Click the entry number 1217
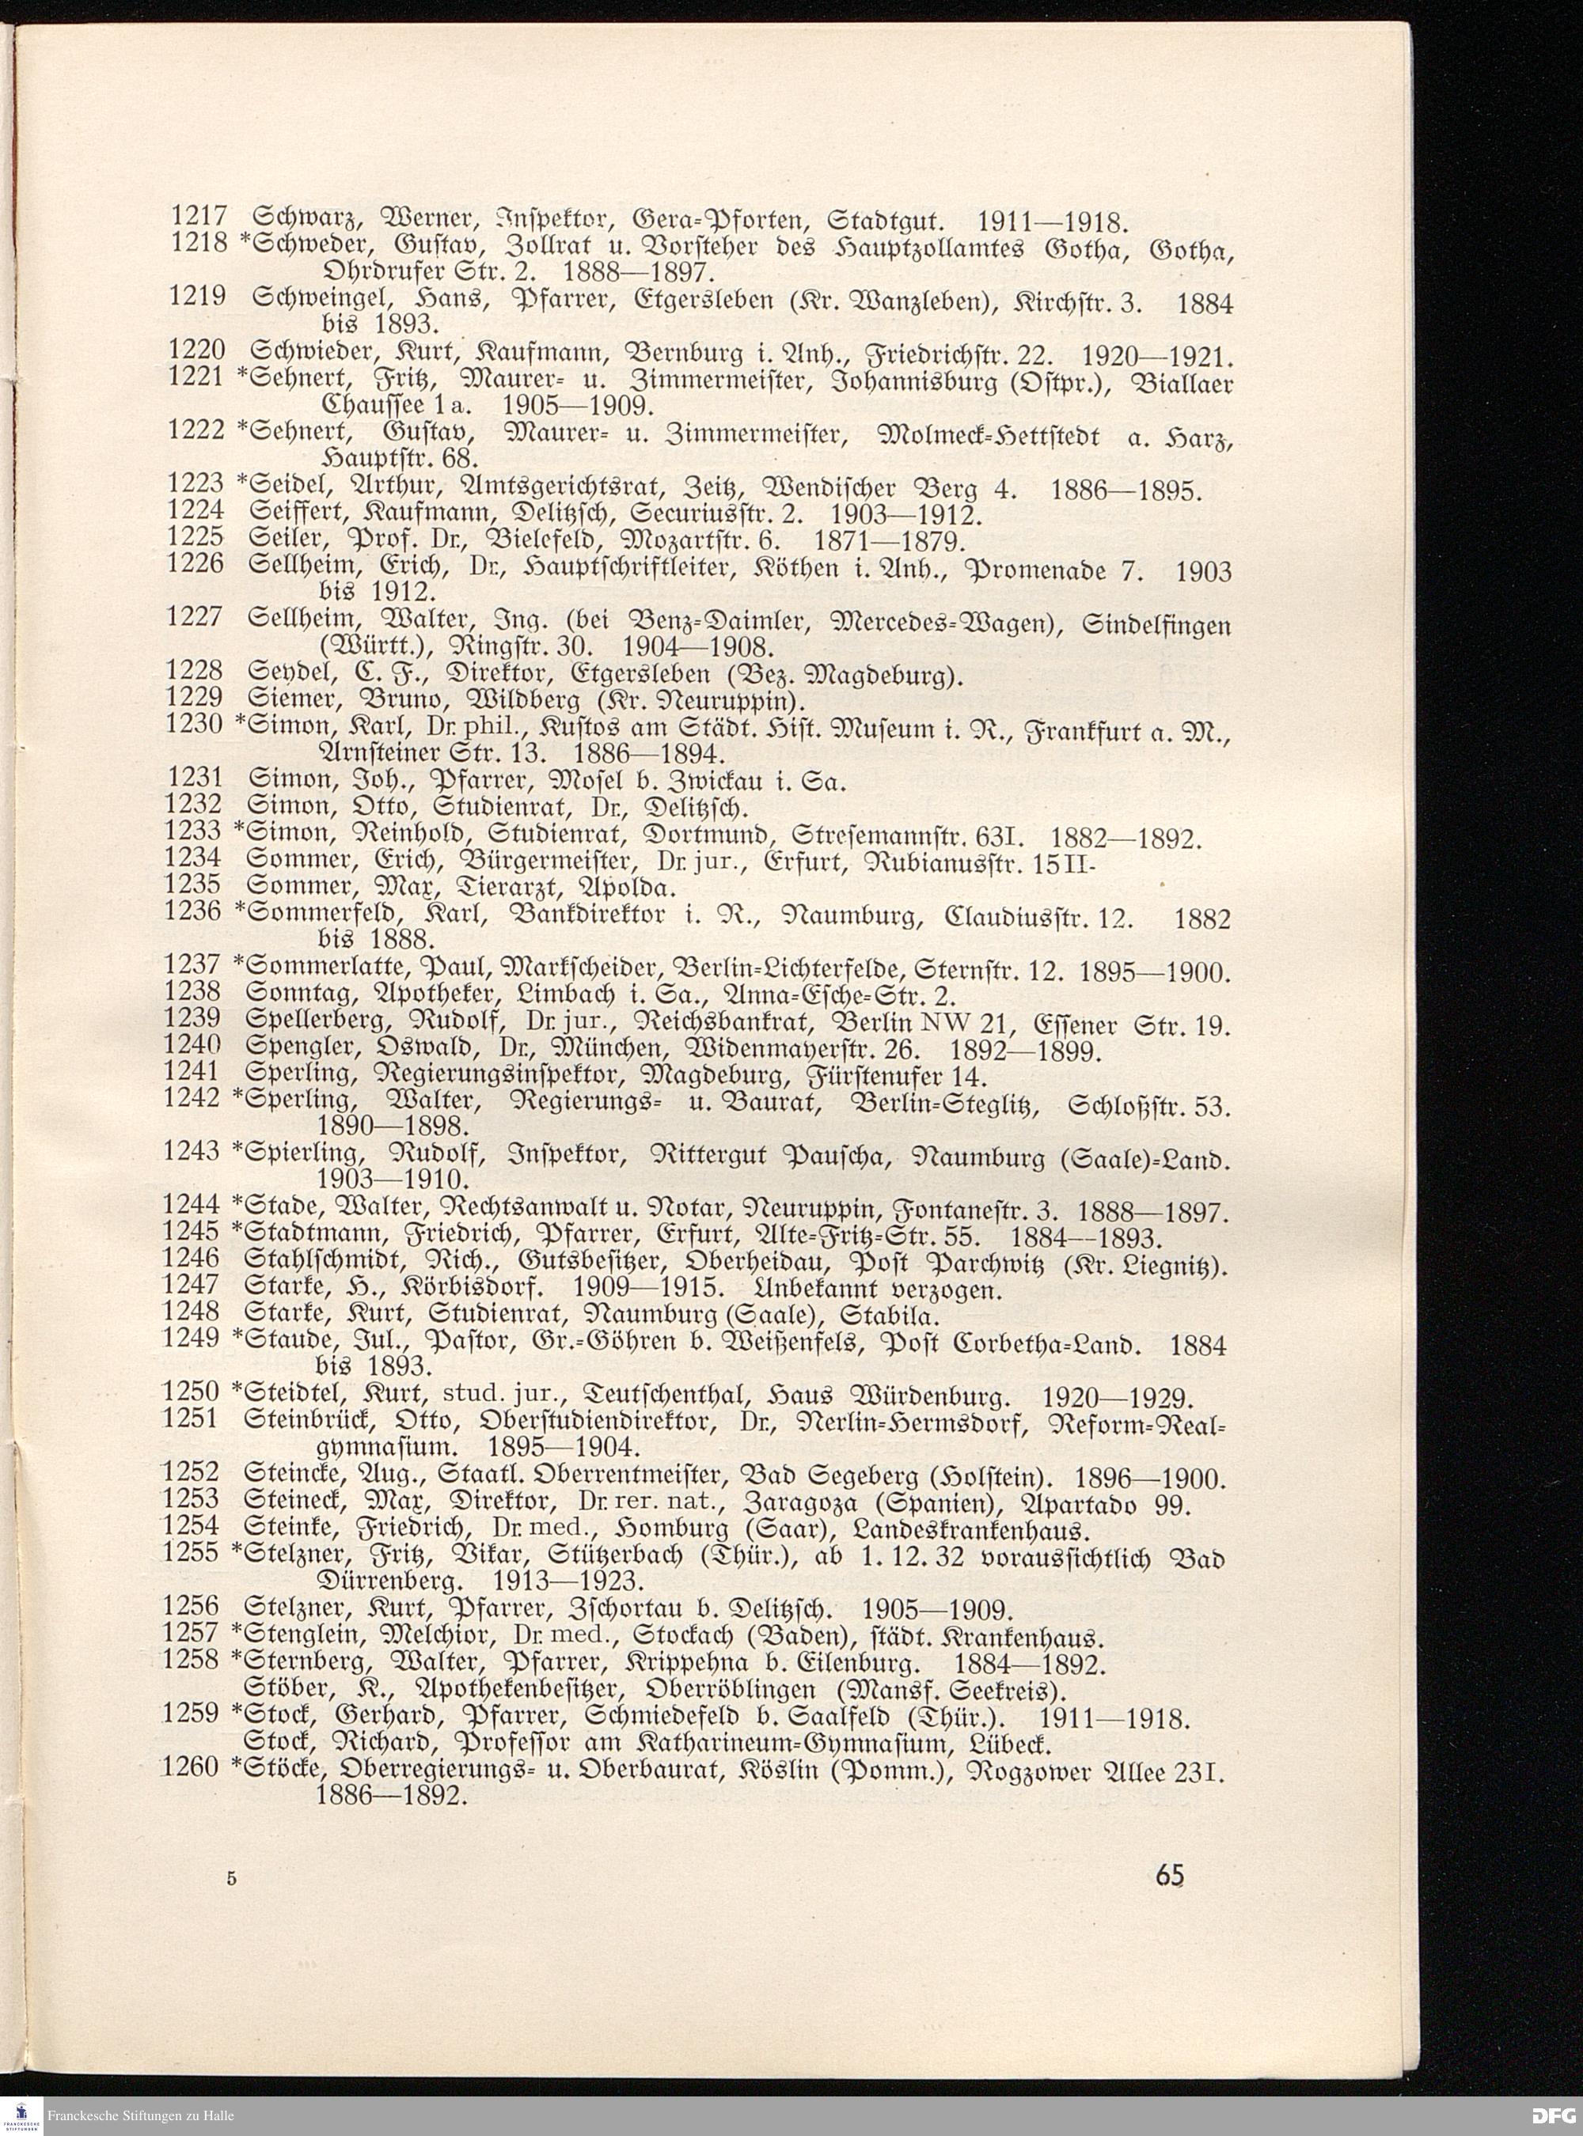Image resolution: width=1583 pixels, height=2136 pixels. point(196,222)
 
